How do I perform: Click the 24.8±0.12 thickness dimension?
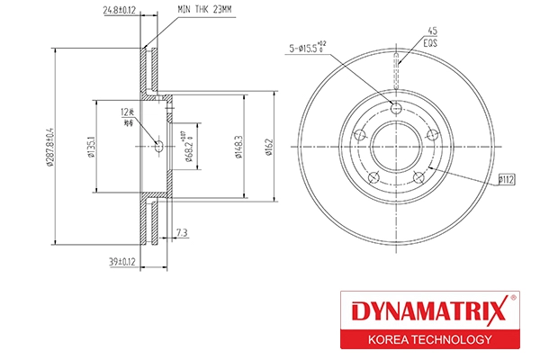[x=118, y=12]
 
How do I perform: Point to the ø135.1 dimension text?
[x=93, y=148]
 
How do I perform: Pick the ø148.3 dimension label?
[x=238, y=146]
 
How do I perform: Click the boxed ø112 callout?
[x=507, y=180]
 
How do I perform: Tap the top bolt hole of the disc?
[x=397, y=108]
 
